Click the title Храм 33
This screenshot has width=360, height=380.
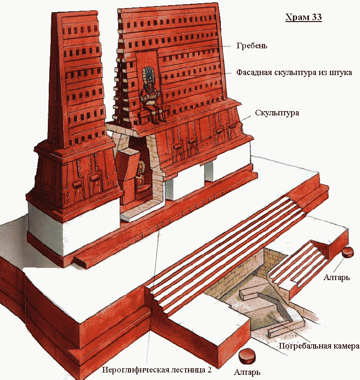(304, 17)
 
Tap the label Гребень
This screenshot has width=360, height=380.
(252, 46)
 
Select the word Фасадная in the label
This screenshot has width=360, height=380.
(254, 72)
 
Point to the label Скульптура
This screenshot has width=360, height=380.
(277, 113)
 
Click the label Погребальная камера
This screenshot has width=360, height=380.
(319, 346)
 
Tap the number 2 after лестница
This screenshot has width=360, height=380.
(209, 370)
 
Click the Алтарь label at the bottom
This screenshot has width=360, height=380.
(247, 372)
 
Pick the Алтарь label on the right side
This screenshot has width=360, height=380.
(337, 277)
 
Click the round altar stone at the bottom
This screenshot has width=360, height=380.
(247, 355)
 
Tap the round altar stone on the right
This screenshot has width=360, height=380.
(348, 252)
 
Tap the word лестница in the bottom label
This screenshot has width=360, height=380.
(188, 370)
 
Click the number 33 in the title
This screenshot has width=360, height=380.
(317, 17)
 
